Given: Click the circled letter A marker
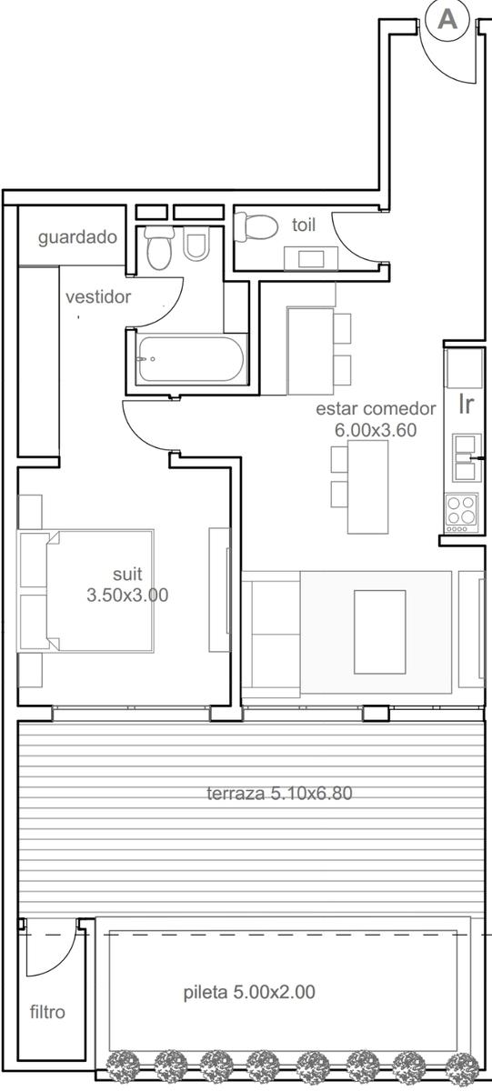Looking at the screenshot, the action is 447,19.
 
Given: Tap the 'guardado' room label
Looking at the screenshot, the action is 77,237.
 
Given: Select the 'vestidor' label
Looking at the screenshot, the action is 98,296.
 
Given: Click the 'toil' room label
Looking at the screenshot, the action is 304,225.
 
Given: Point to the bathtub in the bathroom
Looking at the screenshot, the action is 190,359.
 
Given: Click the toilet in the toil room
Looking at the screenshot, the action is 256,227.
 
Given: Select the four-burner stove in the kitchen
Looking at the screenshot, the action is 462,513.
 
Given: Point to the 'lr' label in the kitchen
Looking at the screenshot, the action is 466,405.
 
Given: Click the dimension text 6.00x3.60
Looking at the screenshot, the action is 376,430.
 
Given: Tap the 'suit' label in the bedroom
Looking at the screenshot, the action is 127,575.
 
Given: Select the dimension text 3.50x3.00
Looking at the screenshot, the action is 127,595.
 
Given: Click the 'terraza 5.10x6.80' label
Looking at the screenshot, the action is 279,794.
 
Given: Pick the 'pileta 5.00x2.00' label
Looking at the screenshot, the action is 249,992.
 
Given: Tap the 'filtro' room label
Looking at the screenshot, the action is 47,1013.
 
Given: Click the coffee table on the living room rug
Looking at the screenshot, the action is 380,632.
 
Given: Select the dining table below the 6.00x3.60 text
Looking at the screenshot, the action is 367,486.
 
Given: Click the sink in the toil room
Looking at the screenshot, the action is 311,258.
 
